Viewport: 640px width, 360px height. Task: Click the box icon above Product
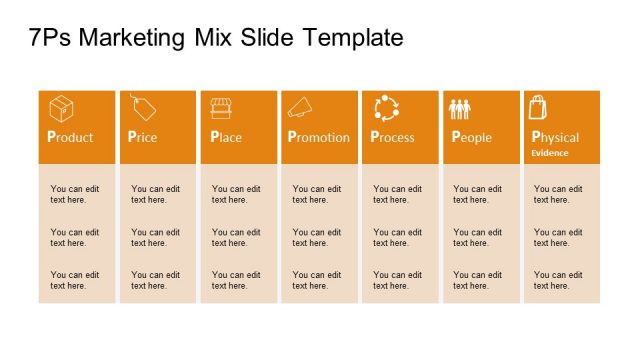point(61,108)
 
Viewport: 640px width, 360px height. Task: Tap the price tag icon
point(142,107)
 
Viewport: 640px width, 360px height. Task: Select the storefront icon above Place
point(222,107)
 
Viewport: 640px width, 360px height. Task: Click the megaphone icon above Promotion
point(301,107)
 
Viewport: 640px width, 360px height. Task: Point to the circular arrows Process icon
point(386,108)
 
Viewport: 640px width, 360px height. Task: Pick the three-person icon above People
point(460,109)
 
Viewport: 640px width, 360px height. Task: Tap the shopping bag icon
point(538,107)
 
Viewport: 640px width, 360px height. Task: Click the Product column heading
point(70,137)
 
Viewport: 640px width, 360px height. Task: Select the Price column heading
point(143,137)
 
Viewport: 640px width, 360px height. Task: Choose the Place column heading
point(226,137)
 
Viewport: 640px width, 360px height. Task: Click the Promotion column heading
point(319,137)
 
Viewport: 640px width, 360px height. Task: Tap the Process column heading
point(392,137)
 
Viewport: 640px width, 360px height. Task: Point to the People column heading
point(471,137)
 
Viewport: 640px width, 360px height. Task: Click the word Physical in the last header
point(555,137)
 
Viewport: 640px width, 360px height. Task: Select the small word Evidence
point(549,153)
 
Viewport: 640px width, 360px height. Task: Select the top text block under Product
point(75,194)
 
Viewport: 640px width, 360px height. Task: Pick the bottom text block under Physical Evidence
point(558,280)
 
